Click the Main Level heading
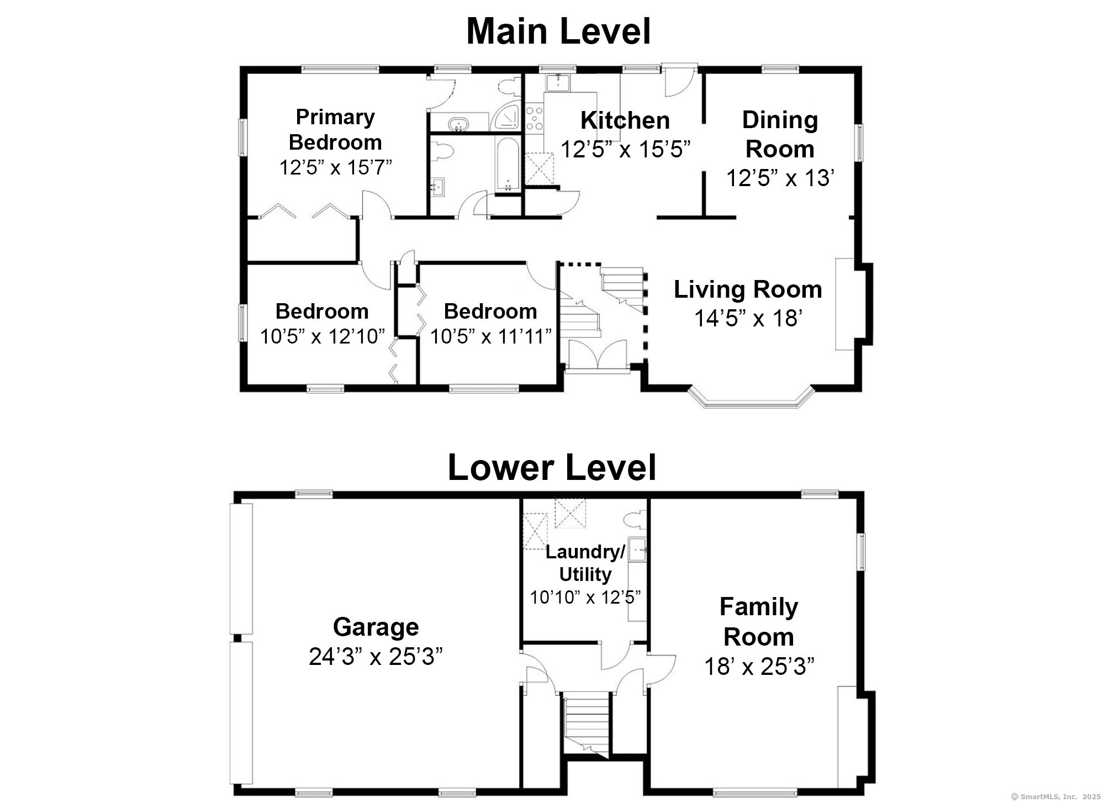[558, 31]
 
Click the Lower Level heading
[552, 467]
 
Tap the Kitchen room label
[625, 120]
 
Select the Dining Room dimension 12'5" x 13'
[779, 178]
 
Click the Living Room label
[748, 289]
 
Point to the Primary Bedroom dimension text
[335, 167]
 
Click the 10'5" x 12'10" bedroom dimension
[322, 336]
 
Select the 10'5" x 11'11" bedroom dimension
[490, 336]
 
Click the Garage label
[376, 627]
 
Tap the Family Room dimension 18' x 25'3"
[759, 667]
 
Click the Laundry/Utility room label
[585, 563]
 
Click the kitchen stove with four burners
[533, 119]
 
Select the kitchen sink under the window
[557, 83]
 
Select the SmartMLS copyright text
[1055, 796]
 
